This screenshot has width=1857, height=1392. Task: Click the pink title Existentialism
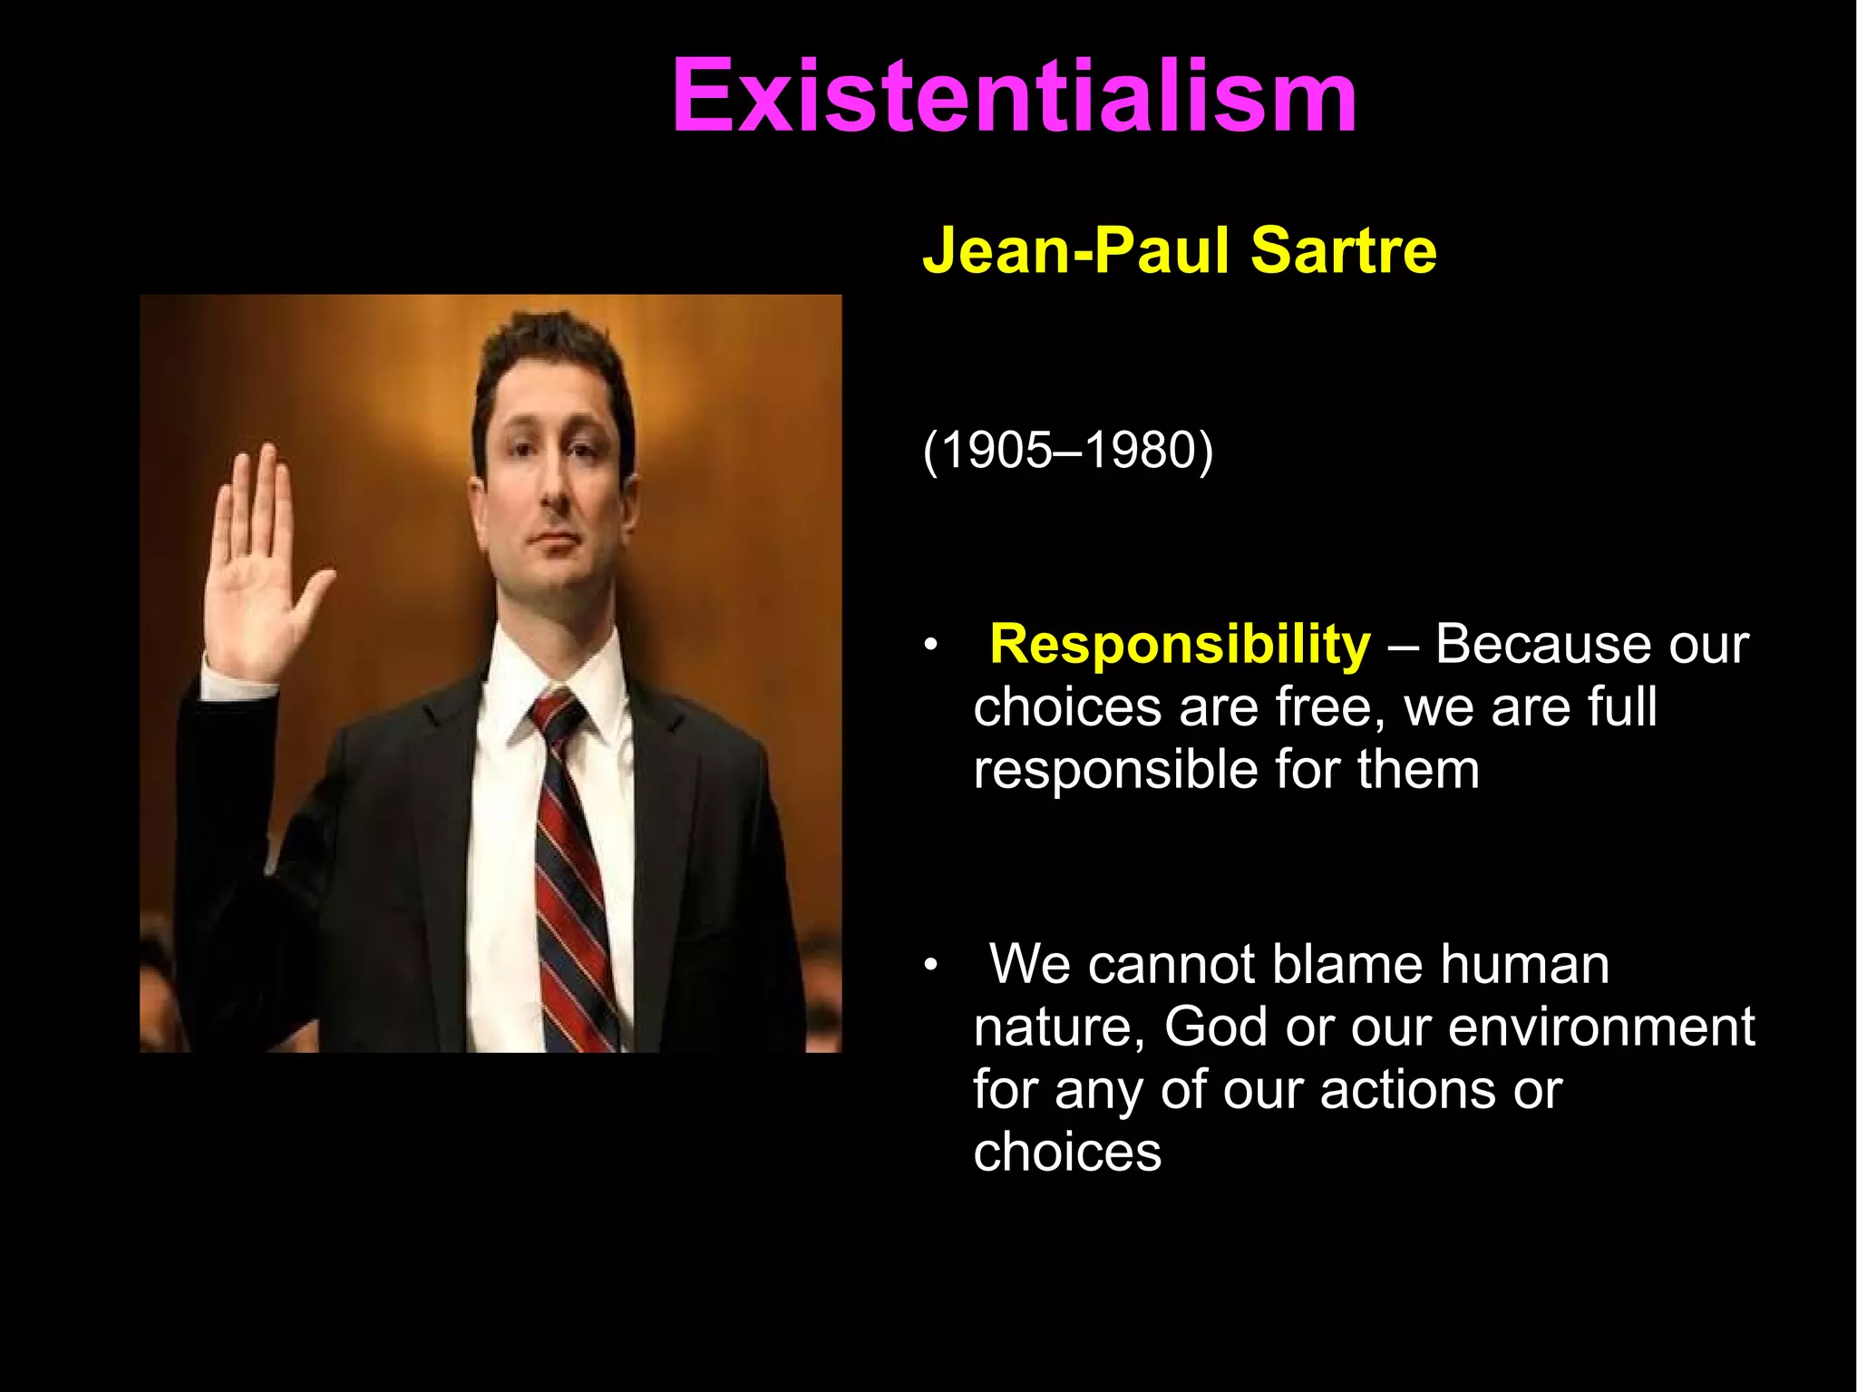pos(1014,96)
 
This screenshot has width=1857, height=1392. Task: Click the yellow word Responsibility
pos(1180,645)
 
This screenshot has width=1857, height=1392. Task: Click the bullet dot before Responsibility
pos(928,647)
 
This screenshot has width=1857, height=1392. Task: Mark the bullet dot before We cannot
pos(928,967)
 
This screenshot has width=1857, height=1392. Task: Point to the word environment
pos(1601,1027)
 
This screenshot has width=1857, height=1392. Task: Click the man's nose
pos(554,490)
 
